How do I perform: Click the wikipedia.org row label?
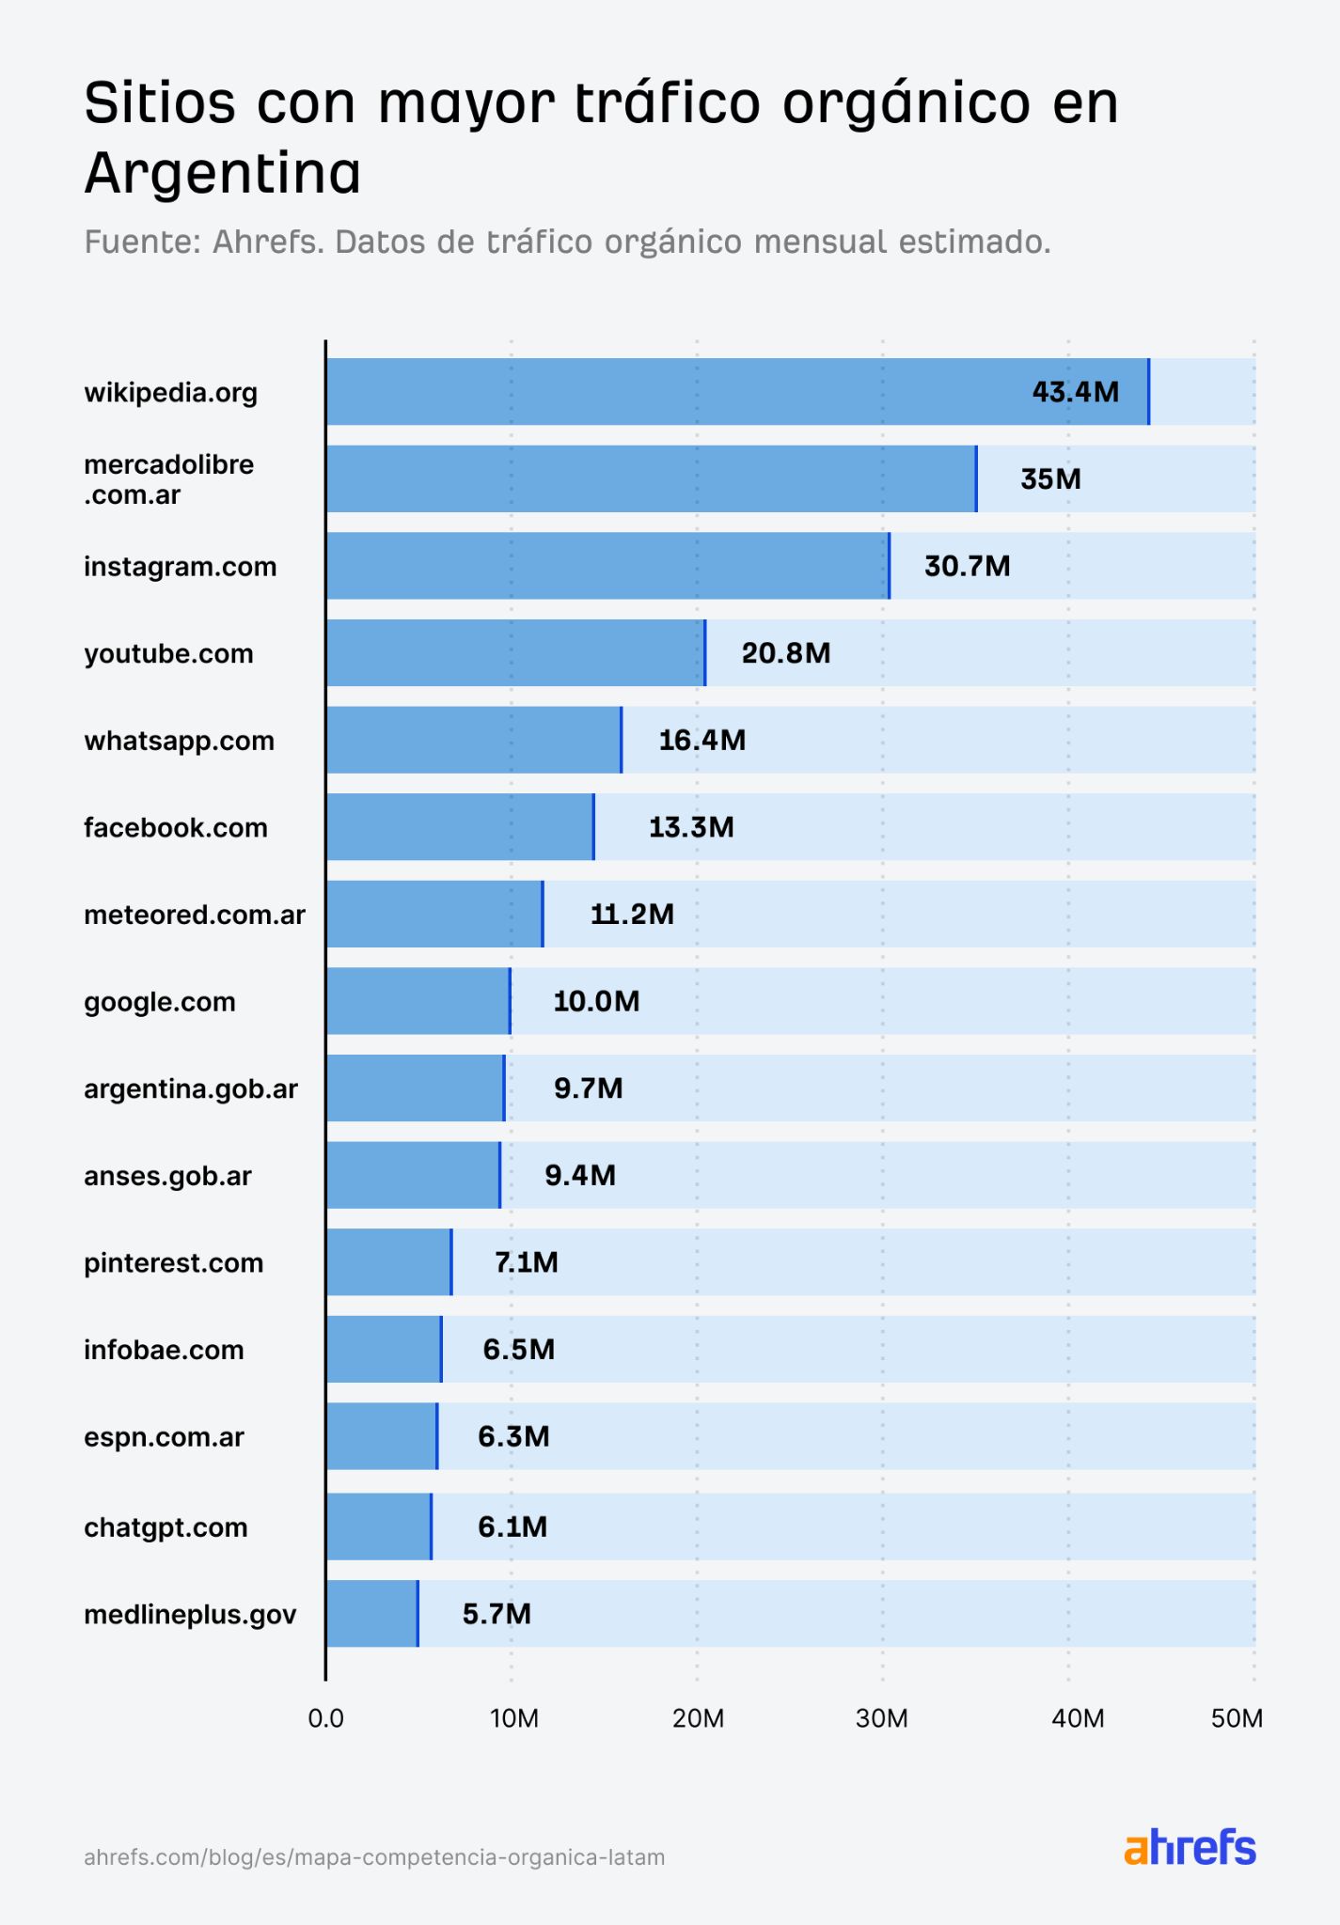click(170, 392)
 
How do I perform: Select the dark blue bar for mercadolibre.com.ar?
click(651, 479)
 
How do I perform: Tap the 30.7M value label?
click(967, 566)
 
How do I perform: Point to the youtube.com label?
click(168, 653)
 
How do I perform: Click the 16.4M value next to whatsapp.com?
click(702, 740)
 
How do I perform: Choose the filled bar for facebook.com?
click(460, 827)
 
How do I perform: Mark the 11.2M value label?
click(632, 914)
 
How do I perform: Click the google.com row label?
click(159, 1002)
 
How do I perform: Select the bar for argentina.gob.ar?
click(415, 1088)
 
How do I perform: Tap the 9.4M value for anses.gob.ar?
click(580, 1175)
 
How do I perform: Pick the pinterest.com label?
click(173, 1262)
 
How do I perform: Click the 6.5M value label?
click(518, 1350)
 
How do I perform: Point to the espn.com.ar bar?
click(381, 1436)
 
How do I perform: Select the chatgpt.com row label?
click(166, 1527)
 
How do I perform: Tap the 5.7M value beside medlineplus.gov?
click(497, 1614)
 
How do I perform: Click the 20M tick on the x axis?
click(698, 1718)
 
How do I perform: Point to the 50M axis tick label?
click(1236, 1718)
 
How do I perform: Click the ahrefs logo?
click(1190, 1848)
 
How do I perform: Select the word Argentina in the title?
click(222, 174)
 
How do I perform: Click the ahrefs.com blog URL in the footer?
click(374, 1857)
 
